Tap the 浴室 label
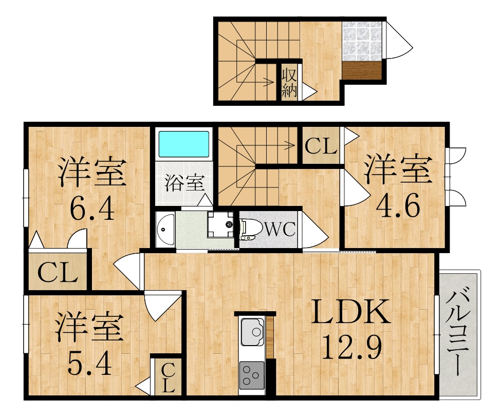[184, 183]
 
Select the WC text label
[279, 230]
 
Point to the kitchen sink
[252, 332]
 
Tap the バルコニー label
[458, 333]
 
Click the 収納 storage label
[289, 83]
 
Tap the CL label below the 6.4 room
[58, 272]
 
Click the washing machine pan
[221, 224]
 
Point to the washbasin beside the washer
[165, 229]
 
